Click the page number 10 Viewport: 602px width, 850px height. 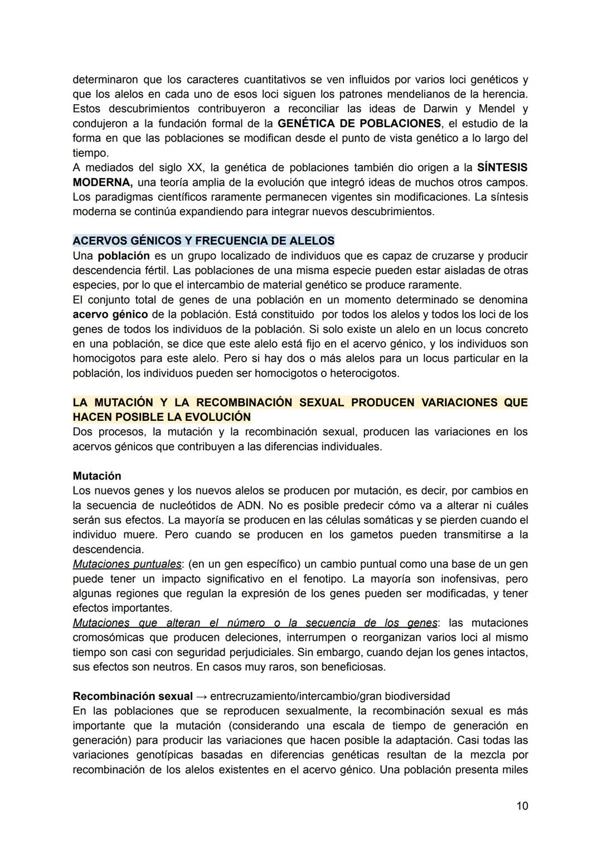click(522, 806)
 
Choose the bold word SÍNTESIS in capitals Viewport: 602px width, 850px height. click(502, 167)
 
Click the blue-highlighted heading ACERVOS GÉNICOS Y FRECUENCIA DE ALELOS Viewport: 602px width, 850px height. click(203, 241)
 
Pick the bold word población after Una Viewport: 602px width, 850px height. click(123, 256)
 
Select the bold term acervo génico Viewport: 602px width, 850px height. click(110, 314)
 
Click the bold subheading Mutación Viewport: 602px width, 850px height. click(96, 476)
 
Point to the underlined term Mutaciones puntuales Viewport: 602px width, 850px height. click(127, 564)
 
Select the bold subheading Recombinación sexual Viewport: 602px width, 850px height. click(133, 696)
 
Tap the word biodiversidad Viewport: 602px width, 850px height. click(417, 696)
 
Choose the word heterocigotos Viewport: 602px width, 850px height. click(364, 373)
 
